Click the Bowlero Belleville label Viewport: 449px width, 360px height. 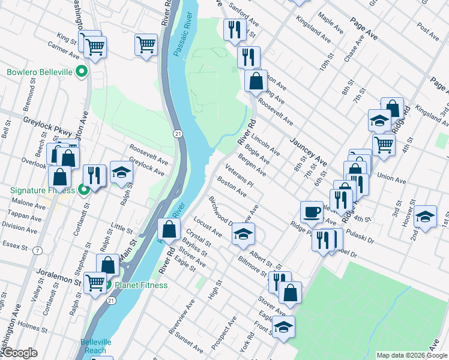point(40,73)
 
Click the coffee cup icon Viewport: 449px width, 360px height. point(312,212)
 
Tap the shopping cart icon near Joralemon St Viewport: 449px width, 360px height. point(95,283)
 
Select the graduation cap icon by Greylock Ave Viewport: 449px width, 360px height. point(122,173)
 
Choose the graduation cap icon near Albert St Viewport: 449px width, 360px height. point(243,233)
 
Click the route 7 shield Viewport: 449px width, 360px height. point(38,250)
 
